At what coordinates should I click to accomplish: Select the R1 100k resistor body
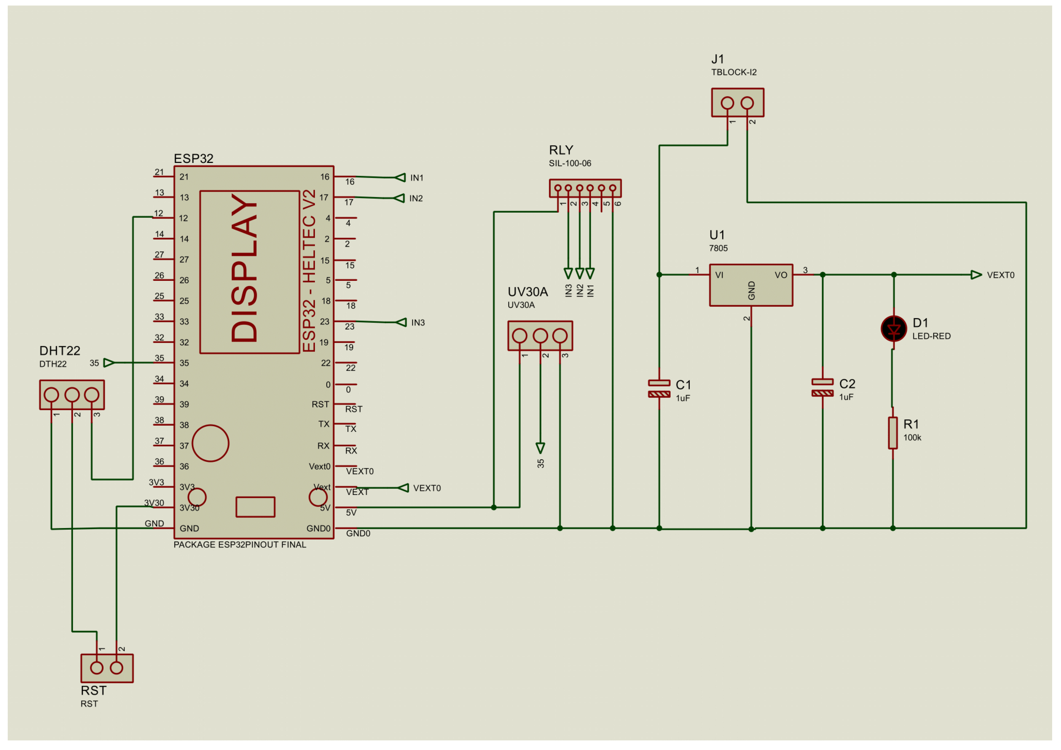(892, 433)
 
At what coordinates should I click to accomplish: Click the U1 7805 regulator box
(751, 285)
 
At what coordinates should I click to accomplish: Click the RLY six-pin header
(585, 188)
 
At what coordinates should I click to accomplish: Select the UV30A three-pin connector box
(540, 336)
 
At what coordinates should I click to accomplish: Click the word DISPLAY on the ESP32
(244, 268)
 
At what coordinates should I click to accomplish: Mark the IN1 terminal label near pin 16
(417, 178)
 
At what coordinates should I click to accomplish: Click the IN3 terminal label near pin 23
(418, 323)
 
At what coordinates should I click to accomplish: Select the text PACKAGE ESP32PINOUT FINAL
(239, 545)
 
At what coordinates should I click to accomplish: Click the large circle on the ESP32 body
(210, 443)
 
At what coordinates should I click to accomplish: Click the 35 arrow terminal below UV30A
(540, 449)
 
